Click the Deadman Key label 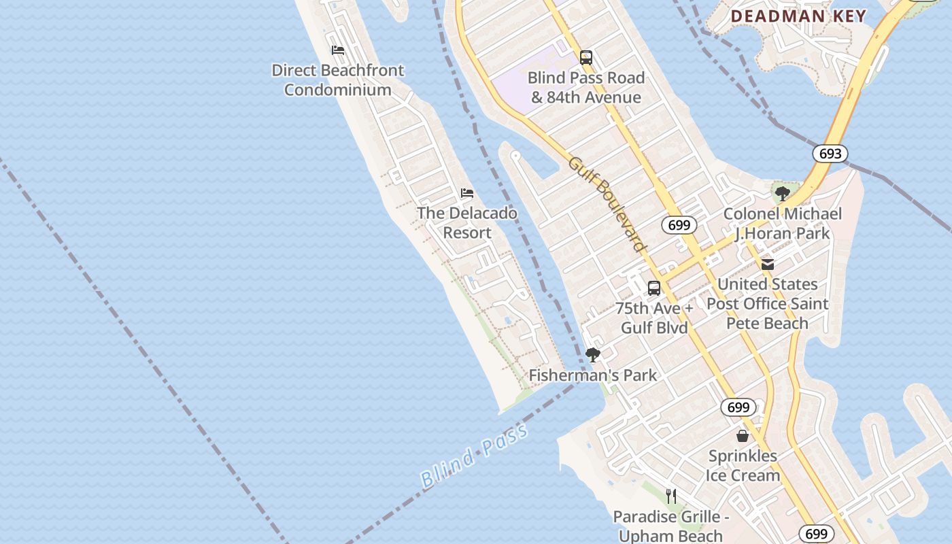point(798,16)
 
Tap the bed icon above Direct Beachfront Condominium point(338,50)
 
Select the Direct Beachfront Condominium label point(338,80)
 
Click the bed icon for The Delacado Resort point(467,193)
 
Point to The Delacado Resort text point(467,223)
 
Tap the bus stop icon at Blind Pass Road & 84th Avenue point(586,58)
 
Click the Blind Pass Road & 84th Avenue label point(585,88)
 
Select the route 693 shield point(830,154)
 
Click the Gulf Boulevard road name point(607,204)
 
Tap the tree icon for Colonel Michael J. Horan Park point(783,194)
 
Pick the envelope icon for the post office point(768,264)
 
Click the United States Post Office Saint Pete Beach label point(768,303)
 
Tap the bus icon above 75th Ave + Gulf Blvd point(654,288)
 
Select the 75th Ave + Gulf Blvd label point(654,318)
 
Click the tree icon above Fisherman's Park point(593,354)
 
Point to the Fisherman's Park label point(593,375)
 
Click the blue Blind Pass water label point(474,456)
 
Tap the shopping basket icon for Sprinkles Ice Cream point(743,435)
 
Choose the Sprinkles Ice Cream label point(743,465)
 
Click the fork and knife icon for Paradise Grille point(671,496)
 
